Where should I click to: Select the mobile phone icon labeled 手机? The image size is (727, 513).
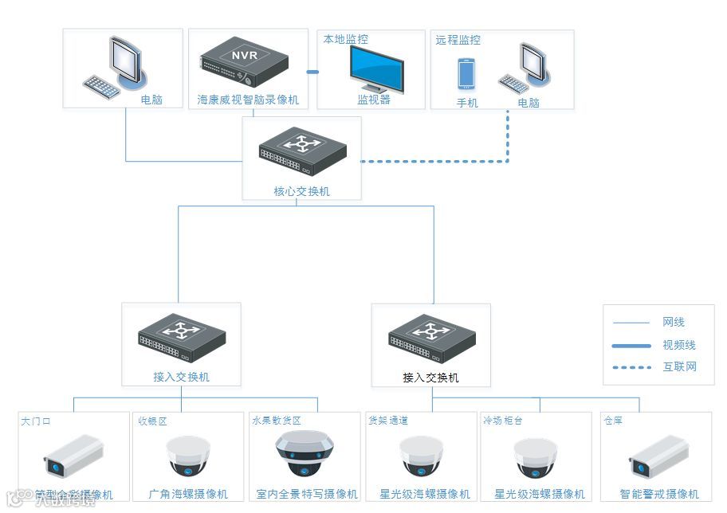[x=466, y=74]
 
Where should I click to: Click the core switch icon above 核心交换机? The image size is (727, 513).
[x=302, y=155]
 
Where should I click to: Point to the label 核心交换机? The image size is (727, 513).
[x=301, y=191]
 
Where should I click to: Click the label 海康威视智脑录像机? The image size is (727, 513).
[x=248, y=100]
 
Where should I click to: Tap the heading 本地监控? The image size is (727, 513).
[x=345, y=39]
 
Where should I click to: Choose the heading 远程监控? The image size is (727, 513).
[x=458, y=39]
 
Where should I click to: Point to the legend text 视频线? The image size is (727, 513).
[x=679, y=345]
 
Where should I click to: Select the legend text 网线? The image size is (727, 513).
[x=674, y=323]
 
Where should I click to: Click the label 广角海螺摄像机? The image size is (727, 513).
[x=188, y=494]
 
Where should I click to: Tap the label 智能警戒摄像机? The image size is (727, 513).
[x=659, y=494]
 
